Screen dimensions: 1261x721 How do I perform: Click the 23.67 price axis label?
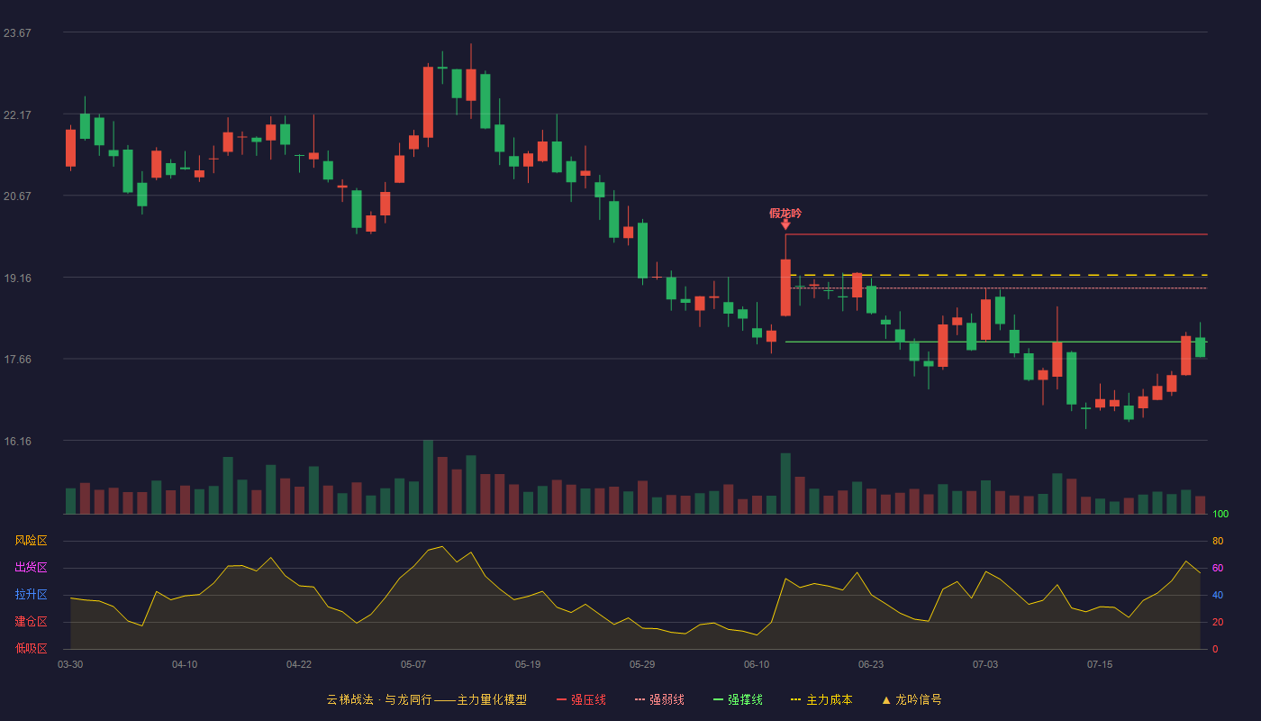[17, 33]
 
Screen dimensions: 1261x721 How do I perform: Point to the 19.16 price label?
[17, 278]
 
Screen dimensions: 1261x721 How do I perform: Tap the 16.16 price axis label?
[17, 441]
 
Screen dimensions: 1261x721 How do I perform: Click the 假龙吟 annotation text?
[785, 214]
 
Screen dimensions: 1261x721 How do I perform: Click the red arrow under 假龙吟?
[785, 225]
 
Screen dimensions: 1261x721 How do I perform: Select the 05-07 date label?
[413, 665]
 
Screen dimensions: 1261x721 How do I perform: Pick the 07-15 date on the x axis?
[1100, 665]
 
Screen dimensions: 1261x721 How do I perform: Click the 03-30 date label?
[70, 665]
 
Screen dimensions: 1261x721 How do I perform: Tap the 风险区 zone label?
[31, 541]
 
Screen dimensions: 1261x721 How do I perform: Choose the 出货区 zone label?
[31, 567]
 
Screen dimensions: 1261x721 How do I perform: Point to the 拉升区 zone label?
[31, 594]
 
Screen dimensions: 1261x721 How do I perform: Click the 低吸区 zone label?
[31, 648]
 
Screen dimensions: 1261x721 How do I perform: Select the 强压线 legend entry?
[581, 699]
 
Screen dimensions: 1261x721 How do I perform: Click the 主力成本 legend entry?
[821, 699]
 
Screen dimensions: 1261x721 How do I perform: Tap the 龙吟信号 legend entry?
[912, 699]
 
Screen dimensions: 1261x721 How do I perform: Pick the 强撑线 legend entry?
[738, 699]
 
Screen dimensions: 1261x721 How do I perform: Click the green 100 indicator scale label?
[1220, 514]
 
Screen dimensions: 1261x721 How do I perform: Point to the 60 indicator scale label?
[1218, 568]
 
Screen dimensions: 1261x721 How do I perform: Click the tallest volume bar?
[428, 477]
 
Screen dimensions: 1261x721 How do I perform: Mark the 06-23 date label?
[871, 665]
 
